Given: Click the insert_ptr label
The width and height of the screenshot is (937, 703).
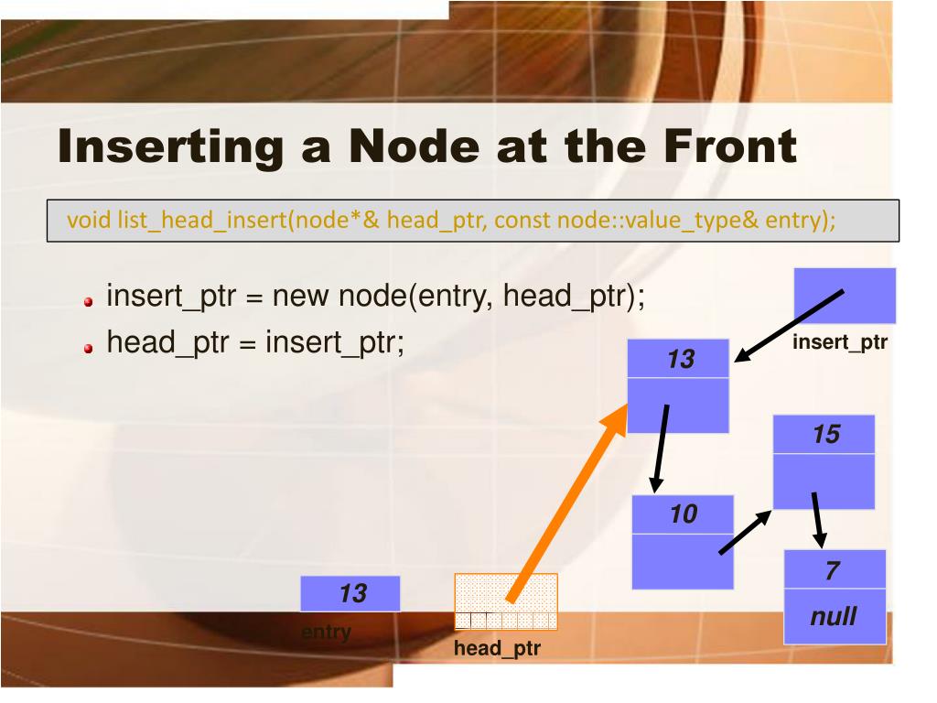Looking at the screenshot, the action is [840, 343].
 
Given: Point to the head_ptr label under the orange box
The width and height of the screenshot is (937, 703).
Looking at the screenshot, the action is [497, 649].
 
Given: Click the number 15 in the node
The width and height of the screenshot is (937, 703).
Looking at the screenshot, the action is [825, 434].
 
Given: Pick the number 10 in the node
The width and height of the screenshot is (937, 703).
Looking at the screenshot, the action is [683, 514].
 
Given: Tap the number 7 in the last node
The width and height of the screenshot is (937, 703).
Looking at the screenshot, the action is [832, 571].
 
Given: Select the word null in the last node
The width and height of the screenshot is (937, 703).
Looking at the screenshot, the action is [834, 616].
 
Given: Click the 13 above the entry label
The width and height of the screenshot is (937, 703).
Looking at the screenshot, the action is [352, 593].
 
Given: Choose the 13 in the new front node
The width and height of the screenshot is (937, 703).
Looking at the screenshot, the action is [681, 360].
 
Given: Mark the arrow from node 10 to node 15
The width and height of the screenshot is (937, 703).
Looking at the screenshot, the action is [745, 532].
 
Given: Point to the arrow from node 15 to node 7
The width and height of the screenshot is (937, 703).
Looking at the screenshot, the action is [817, 518].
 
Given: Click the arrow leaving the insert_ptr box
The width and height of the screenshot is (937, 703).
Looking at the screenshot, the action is [789, 325].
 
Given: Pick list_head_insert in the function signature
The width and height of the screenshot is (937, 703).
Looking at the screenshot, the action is [196, 222].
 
